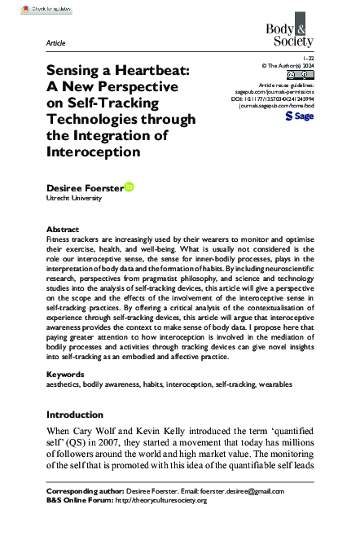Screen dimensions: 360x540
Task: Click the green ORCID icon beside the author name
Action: click(130, 187)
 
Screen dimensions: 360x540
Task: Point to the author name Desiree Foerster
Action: click(84, 188)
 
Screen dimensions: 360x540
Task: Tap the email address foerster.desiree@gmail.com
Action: click(244, 492)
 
